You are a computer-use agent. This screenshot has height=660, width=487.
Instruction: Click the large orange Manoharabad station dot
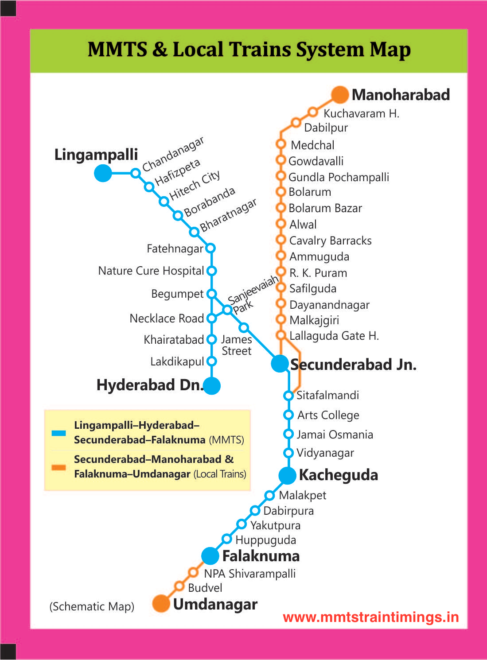point(340,95)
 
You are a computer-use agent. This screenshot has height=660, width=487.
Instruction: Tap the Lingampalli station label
point(96,155)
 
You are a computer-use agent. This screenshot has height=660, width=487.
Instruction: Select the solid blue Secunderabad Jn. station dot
point(280,364)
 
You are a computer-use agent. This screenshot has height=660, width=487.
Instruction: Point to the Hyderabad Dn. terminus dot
point(212,385)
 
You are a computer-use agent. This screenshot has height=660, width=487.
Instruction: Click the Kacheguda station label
point(338,475)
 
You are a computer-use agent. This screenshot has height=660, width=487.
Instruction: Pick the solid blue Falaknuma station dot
point(210,556)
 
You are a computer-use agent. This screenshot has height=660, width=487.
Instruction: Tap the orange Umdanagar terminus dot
point(161,603)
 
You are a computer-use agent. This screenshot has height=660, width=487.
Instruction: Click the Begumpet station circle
point(212,294)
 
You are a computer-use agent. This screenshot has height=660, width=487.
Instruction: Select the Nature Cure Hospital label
point(151,271)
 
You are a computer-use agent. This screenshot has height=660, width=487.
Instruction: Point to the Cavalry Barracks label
point(330,241)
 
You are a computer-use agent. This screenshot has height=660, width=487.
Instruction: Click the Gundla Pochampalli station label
point(339,177)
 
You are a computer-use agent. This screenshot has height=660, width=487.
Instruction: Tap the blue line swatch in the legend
point(58,433)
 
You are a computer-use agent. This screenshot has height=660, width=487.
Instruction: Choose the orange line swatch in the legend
point(58,467)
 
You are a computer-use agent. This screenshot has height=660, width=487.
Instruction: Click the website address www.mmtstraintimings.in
point(370,617)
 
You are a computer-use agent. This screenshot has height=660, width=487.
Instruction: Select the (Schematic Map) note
point(92,606)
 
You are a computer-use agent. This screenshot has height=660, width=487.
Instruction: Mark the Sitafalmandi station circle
point(288,395)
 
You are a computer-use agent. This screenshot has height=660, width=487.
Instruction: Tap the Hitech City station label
point(195,186)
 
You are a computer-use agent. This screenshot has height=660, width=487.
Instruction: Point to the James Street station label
point(236,345)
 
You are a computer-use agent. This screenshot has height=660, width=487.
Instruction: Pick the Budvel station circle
point(179,586)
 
